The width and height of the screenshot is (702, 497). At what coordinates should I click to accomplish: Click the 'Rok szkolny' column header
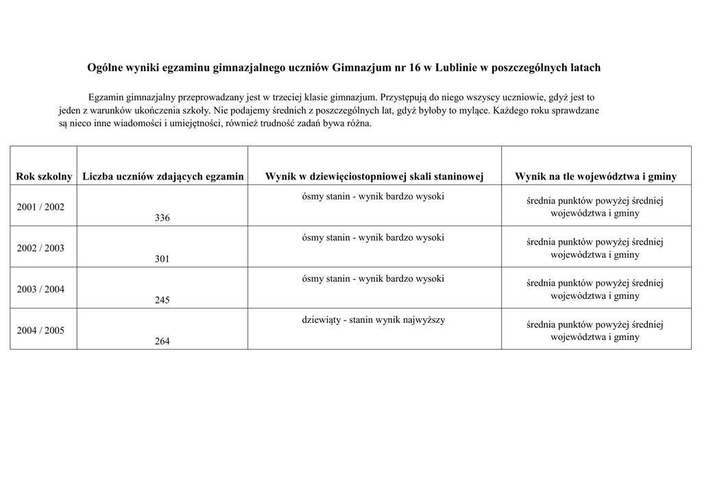44,177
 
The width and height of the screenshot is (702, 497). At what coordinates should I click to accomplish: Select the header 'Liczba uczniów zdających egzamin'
163,177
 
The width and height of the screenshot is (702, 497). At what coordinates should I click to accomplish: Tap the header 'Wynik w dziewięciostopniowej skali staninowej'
374,177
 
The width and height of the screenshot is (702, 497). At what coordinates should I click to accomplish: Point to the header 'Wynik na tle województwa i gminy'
595,177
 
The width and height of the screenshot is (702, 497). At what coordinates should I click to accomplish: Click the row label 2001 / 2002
40,207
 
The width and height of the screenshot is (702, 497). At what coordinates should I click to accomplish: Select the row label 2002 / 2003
40,248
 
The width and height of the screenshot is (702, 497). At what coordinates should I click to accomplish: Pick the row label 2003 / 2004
40,289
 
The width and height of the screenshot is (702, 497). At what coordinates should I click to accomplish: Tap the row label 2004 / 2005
40,330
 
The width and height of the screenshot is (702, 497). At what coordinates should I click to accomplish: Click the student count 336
162,218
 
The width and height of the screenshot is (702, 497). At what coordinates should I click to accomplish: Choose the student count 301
162,259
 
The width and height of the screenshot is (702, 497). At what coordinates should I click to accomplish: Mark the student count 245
162,300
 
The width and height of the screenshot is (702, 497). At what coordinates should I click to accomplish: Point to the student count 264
162,341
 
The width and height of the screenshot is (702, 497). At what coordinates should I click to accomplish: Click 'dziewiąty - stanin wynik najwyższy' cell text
374,320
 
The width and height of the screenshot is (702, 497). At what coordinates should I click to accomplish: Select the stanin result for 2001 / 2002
374,197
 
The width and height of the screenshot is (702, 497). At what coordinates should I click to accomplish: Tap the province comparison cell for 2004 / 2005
595,330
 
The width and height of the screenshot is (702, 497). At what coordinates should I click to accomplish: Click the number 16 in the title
414,68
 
